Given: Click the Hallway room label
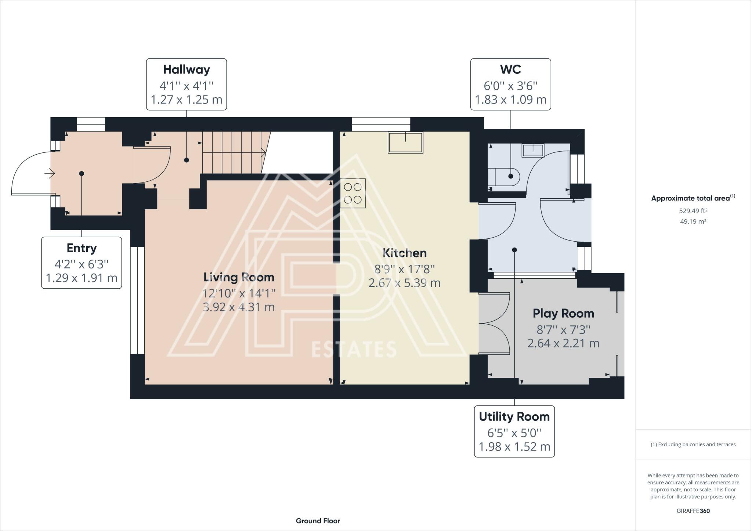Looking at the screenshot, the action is click(x=187, y=69).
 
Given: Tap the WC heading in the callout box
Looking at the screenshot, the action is click(x=510, y=69).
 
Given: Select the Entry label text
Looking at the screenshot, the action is click(x=82, y=248).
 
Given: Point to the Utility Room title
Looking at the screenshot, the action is click(x=514, y=417).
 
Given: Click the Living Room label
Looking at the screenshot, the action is click(x=239, y=277).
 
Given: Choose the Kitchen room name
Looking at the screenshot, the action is click(x=405, y=253).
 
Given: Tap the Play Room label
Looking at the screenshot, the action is click(x=563, y=314).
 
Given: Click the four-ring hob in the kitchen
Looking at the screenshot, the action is click(x=353, y=193).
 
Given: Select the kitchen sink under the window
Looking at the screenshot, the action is click(x=405, y=142).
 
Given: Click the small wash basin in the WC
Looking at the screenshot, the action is click(x=533, y=150).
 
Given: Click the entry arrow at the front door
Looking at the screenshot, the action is click(x=50, y=173).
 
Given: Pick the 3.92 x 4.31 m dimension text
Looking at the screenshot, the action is click(x=239, y=307).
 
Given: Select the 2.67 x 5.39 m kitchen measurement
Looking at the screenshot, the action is click(x=405, y=283).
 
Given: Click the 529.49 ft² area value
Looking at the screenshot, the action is click(x=693, y=211).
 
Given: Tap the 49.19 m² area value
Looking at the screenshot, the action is click(x=693, y=221).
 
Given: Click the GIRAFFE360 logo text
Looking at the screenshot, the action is click(x=693, y=511).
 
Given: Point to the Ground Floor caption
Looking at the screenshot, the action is click(x=318, y=521).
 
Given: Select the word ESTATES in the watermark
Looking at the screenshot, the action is click(x=354, y=349).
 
